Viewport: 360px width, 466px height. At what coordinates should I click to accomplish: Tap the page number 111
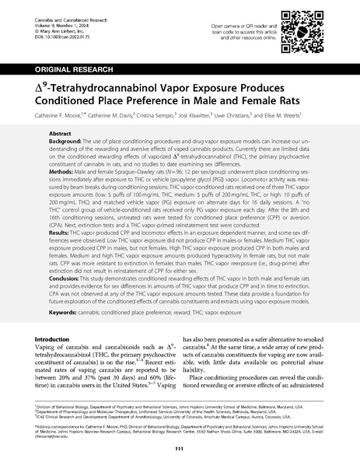tap(180, 449)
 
